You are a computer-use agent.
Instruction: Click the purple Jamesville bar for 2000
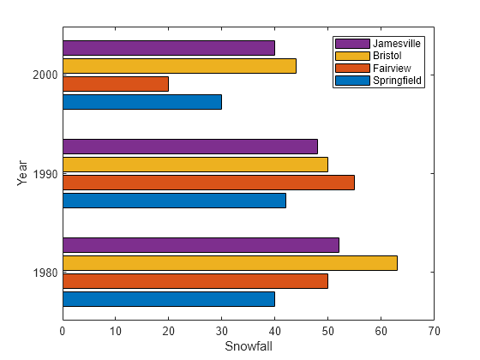168,48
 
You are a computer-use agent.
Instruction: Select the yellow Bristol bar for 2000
179,66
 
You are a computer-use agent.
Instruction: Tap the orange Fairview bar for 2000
116,84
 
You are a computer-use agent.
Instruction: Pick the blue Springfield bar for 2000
142,102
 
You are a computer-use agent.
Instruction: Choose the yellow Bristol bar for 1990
195,165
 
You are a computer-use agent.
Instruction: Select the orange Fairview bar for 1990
208,183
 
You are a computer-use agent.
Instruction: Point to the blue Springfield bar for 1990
174,201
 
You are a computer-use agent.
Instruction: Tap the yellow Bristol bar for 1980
230,263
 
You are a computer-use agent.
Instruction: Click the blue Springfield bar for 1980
168,299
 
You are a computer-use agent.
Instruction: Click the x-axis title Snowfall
248,345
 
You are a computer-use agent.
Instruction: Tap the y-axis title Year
22,174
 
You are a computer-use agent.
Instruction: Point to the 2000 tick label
45,75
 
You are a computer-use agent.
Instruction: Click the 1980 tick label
45,273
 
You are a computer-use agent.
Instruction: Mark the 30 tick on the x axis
221,329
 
